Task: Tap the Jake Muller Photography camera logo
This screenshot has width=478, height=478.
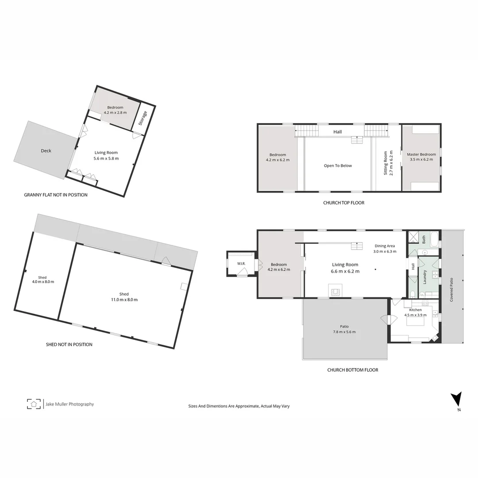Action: tap(34, 404)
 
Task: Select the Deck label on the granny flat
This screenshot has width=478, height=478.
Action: tap(46, 151)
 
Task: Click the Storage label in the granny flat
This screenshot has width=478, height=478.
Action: tap(143, 118)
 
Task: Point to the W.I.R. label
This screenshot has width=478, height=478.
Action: tap(241, 264)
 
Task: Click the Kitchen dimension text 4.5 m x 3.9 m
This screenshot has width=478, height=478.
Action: tap(415, 315)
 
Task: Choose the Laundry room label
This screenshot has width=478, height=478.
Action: tap(424, 277)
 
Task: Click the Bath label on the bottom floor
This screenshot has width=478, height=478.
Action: tap(424, 239)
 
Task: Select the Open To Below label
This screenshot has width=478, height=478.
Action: tap(338, 166)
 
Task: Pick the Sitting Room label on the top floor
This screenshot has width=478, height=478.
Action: tap(385, 163)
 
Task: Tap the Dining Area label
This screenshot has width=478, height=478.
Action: tap(384, 246)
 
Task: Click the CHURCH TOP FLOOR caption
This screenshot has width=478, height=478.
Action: tap(344, 203)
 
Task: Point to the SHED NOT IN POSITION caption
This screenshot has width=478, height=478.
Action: tap(69, 344)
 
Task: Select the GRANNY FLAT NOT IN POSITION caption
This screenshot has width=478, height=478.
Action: tap(56, 195)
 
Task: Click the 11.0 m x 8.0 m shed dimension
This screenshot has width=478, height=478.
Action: tap(124, 300)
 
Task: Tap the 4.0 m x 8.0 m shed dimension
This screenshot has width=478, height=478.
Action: tap(42, 282)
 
